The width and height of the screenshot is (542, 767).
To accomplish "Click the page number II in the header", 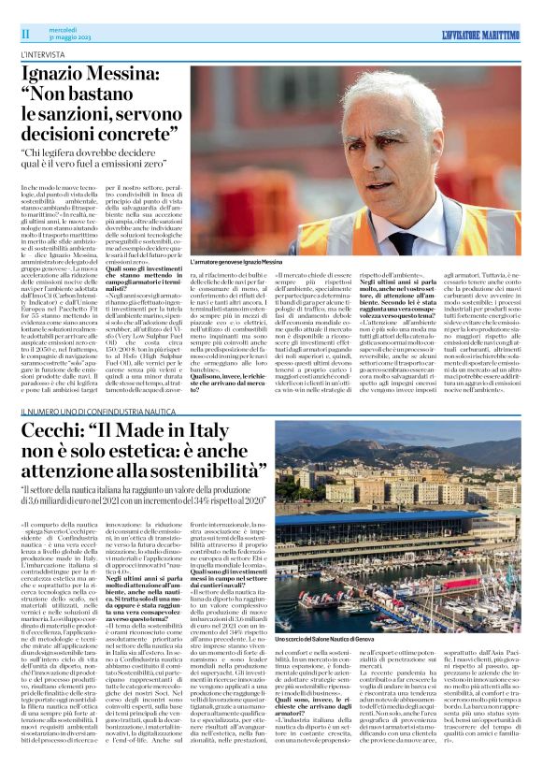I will point(27,34).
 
